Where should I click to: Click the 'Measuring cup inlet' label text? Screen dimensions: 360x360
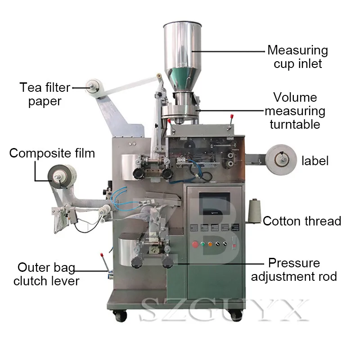click(298, 57)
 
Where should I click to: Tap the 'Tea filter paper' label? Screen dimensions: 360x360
click(45, 94)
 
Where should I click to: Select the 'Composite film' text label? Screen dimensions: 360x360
click(52, 153)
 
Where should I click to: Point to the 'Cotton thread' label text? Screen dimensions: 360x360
click(302, 221)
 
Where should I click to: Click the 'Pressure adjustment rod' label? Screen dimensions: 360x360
click(294, 270)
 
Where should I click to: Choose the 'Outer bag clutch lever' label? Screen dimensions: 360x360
click(46, 274)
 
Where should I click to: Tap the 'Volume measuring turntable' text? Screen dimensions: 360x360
click(295, 111)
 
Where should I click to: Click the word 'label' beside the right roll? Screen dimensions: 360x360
click(315, 161)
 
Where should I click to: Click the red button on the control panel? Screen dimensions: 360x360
click(195, 244)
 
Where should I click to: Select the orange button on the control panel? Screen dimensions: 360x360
click(210, 244)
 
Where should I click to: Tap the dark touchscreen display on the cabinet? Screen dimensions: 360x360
click(215, 204)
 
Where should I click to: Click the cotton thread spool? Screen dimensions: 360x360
click(254, 211)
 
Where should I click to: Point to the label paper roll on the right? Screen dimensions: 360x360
click(281, 160)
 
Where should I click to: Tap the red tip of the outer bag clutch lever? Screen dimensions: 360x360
click(101, 255)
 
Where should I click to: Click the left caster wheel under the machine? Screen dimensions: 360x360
click(120, 316)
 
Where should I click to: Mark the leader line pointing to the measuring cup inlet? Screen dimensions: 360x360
click(228, 51)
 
